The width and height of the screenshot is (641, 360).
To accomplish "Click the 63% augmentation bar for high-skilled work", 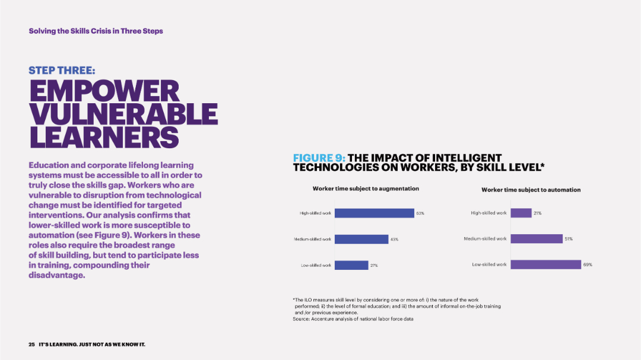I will click(375, 213).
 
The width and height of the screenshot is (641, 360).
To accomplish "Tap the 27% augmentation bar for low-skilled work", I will click(351, 265).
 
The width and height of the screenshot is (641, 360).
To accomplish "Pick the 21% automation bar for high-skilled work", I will click(521, 212).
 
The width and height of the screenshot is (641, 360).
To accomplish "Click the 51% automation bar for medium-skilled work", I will click(536, 238).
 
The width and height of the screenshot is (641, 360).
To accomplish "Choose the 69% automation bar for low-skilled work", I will click(545, 265).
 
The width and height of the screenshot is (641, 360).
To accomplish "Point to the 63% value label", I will click(420, 213).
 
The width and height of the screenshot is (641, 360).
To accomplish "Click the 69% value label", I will click(588, 265).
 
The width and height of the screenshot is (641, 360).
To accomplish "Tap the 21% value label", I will click(537, 213).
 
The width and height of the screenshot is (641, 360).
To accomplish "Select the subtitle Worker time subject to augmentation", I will click(366, 189).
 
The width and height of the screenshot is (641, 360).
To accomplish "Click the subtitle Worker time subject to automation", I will click(531, 190).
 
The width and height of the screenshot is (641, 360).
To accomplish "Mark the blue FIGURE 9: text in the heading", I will click(319, 158).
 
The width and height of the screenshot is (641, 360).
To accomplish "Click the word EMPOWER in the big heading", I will click(104, 91).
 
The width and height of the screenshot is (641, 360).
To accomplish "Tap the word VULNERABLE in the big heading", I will click(123, 114).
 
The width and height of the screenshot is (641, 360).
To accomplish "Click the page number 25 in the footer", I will click(31, 345).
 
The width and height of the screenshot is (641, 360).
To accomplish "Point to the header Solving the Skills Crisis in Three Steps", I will click(96, 31).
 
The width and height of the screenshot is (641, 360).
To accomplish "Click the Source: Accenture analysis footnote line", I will click(353, 319).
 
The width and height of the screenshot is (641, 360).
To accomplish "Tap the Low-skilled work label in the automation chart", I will click(489, 265).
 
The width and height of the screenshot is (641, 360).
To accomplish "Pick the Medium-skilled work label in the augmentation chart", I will click(313, 239).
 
